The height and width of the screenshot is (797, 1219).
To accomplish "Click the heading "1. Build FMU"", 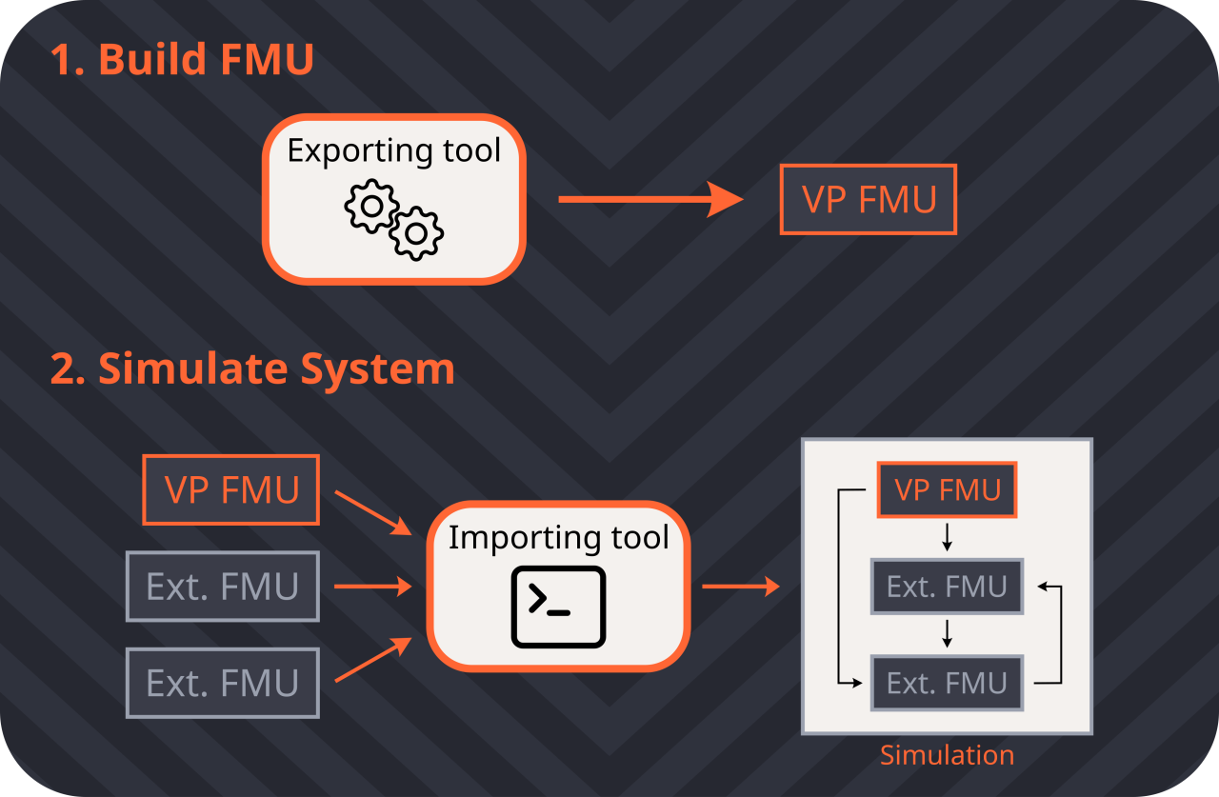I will click(x=181, y=59).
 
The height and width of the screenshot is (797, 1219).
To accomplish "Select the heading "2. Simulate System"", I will click(x=252, y=369).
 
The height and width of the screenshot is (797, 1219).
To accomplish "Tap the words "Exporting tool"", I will click(x=394, y=150).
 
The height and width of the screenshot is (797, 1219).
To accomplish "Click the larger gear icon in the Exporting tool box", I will click(x=371, y=206).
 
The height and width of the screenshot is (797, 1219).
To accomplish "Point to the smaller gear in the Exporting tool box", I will click(x=417, y=231).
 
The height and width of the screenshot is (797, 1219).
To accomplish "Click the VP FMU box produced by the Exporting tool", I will click(x=869, y=199).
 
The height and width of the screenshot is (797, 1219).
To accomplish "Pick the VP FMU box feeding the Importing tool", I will click(x=231, y=489).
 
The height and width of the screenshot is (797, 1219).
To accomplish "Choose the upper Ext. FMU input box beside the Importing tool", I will click(x=223, y=587).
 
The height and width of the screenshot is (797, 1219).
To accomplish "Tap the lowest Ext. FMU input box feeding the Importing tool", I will click(x=223, y=683).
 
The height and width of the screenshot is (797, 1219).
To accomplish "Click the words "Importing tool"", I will click(x=558, y=537).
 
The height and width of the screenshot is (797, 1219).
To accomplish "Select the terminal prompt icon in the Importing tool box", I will click(x=558, y=608).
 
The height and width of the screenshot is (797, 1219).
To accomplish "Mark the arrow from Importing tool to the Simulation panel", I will click(x=741, y=587).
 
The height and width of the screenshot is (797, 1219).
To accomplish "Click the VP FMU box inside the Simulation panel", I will click(x=947, y=489).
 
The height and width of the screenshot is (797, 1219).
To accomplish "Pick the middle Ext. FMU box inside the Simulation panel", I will click(x=947, y=587).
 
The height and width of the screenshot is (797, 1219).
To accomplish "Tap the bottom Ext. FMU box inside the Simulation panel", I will click(x=947, y=683).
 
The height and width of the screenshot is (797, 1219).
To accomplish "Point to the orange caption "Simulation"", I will click(x=947, y=755).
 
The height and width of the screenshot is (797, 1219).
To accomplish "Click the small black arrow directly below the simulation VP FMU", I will click(x=947, y=539).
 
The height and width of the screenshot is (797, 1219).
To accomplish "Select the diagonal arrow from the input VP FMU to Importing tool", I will click(x=371, y=512).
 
